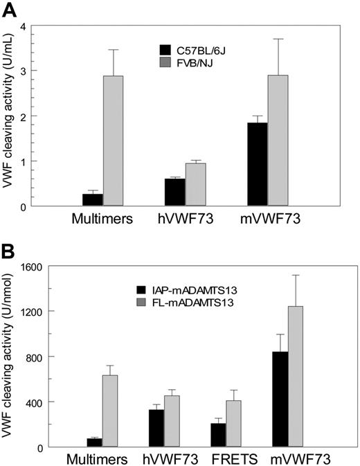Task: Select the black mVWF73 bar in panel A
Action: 257,164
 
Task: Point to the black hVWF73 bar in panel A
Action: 174,192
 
